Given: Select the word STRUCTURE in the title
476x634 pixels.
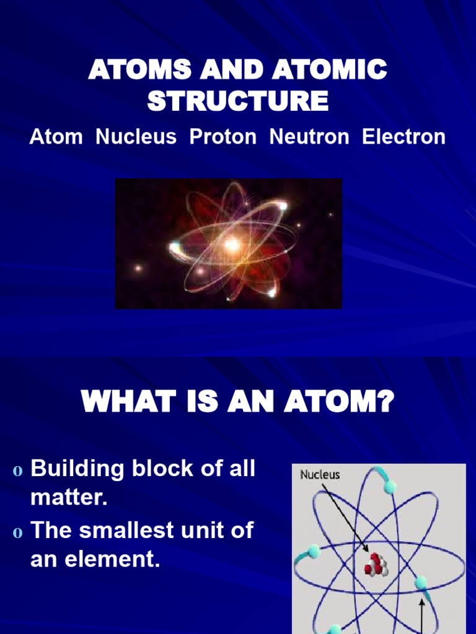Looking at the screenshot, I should tap(238, 101).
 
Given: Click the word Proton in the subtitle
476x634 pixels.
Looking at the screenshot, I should tap(223, 137).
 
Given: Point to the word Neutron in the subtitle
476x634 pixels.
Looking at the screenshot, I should tap(309, 137).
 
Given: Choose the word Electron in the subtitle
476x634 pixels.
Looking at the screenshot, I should tap(403, 137).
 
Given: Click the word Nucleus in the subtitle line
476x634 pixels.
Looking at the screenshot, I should tap(136, 137).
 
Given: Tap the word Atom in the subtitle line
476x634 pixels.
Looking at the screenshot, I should tap(56, 137).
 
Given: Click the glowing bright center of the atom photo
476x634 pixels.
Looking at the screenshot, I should tap(232, 244).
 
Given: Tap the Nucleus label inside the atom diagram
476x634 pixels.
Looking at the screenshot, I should tap(320, 475).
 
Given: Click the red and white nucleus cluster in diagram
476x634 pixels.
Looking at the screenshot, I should tap(376, 565).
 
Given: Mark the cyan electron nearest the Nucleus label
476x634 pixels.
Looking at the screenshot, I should tap(389, 487).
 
